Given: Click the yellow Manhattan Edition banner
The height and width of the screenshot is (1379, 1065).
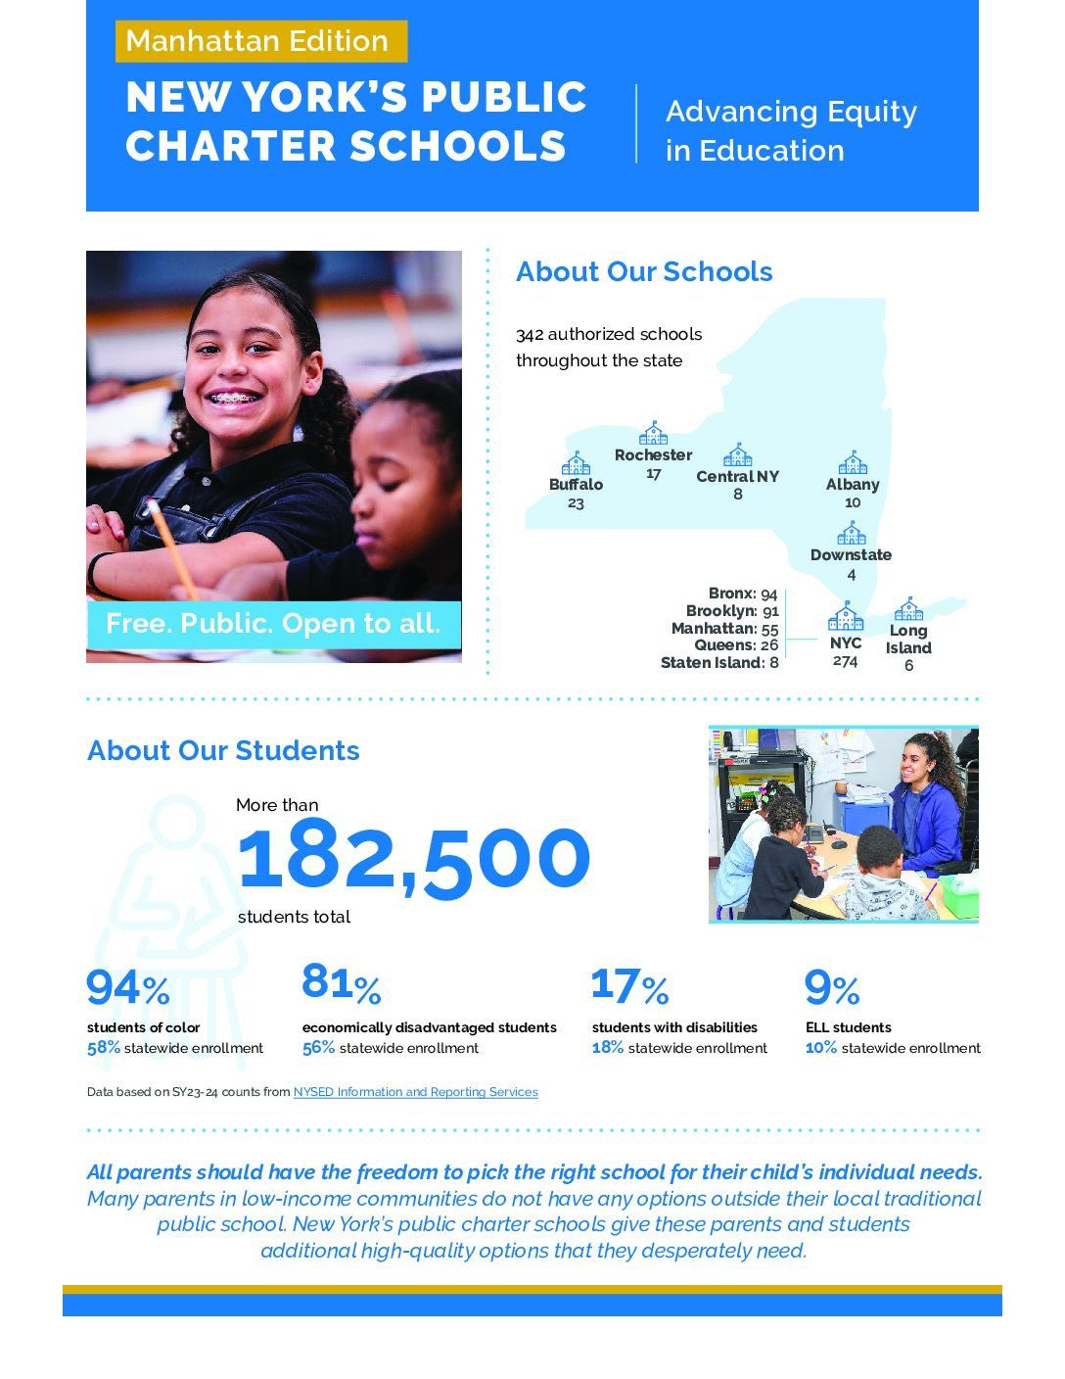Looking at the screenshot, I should coord(260,41).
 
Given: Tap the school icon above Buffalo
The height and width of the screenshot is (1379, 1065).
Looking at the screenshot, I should coord(576,463).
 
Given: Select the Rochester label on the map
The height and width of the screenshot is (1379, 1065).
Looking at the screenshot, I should coord(653,455).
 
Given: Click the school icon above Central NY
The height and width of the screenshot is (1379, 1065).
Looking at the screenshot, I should coord(737,455).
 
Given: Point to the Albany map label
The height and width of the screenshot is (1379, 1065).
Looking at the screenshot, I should coord(853,485).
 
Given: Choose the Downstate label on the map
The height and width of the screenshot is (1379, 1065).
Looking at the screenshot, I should coord(851,555).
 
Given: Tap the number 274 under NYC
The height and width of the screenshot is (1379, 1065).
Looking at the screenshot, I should coord(846,662).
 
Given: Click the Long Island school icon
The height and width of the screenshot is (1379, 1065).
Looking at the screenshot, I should coord(908,609).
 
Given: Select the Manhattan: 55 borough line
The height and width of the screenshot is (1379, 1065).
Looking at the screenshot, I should coord(724,629).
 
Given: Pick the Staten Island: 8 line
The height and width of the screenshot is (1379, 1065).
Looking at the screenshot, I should coord(719,663).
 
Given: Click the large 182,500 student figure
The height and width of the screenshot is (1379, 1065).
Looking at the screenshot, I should coord(414,859).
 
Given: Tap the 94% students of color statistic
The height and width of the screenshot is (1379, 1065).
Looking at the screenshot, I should coord(128,988).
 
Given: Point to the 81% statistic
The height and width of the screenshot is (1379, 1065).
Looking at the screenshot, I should coord(341,982).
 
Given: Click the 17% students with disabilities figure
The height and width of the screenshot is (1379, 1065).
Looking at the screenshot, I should coord(629,986).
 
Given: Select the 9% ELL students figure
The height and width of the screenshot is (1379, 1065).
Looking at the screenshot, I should coord(832,988).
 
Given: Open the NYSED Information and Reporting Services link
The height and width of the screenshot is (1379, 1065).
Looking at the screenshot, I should coord(415,1092).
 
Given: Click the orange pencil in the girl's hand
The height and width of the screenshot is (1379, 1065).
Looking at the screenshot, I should coord(172,548).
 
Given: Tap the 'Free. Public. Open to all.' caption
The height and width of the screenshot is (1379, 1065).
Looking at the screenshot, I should coord(273,624).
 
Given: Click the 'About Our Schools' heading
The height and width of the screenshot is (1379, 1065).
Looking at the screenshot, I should coord(644,272).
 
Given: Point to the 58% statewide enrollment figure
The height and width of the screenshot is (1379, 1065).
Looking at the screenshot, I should coord(104,1048).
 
